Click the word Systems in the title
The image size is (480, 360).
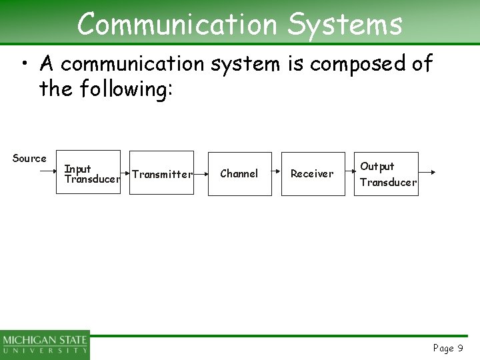pyautogui.click(x=345, y=25)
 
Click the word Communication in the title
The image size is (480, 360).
pyautogui.click(x=177, y=25)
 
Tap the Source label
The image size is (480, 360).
pyautogui.click(x=29, y=158)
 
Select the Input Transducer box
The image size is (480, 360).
pyautogui.click(x=91, y=172)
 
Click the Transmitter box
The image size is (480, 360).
pyautogui.click(x=161, y=173)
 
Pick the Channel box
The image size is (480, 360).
pyautogui.click(x=239, y=173)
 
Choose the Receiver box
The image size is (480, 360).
pyautogui.click(x=312, y=173)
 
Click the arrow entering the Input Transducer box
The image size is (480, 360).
pyautogui.click(x=50, y=171)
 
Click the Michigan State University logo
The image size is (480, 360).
pyautogui.click(x=45, y=345)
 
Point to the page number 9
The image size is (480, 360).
pyautogui.click(x=460, y=348)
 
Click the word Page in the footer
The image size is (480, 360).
pyautogui.click(x=443, y=348)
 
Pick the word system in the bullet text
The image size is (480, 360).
pyautogui.click(x=246, y=65)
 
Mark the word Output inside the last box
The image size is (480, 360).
pyautogui.click(x=377, y=166)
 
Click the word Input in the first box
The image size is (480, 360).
pyautogui.click(x=77, y=169)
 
